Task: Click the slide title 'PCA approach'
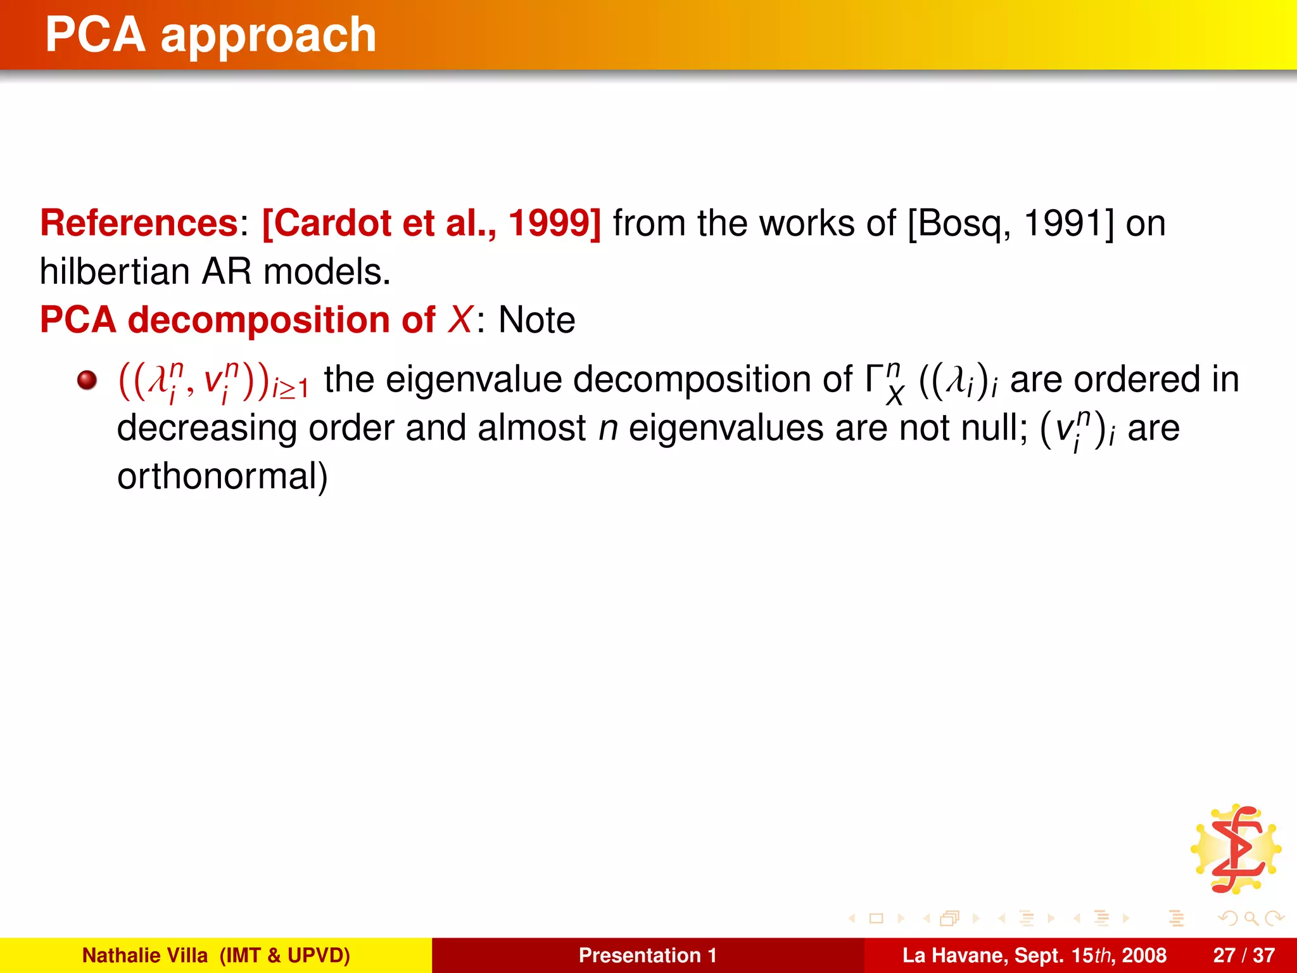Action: pyautogui.click(x=211, y=35)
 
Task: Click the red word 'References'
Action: pyautogui.click(x=139, y=224)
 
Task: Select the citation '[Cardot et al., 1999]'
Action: pyautogui.click(x=431, y=224)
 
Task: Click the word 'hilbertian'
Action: pyautogui.click(x=115, y=272)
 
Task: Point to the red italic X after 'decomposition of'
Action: pyautogui.click(x=460, y=319)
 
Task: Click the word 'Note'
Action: pyautogui.click(x=536, y=320)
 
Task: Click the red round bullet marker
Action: pyautogui.click(x=87, y=381)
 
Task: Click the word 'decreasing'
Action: pyautogui.click(x=206, y=428)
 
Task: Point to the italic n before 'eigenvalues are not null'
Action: pyautogui.click(x=608, y=429)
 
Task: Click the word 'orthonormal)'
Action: pyautogui.click(x=222, y=476)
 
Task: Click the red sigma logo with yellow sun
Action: pyautogui.click(x=1236, y=849)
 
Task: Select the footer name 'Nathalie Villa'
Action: pyautogui.click(x=145, y=955)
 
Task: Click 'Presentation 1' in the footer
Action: pyautogui.click(x=647, y=955)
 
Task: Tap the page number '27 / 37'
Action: pyautogui.click(x=1243, y=955)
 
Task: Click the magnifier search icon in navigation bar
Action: pyautogui.click(x=1251, y=918)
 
